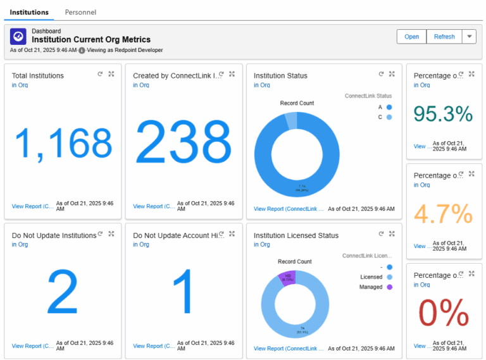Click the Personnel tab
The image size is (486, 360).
(x=80, y=12)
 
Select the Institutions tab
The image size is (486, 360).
(x=29, y=12)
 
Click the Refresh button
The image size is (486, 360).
(x=444, y=37)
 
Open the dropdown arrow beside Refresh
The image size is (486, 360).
(x=470, y=37)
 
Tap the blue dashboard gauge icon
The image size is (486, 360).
(x=18, y=36)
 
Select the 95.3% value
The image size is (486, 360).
(x=444, y=114)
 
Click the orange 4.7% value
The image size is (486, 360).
(x=444, y=213)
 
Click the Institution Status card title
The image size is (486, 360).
(x=280, y=76)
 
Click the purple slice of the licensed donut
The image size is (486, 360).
(x=287, y=277)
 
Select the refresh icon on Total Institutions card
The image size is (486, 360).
(x=100, y=74)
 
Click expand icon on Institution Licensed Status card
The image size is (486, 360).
(x=392, y=233)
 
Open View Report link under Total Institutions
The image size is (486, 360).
(x=31, y=206)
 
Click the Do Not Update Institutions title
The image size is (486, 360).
(x=54, y=235)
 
